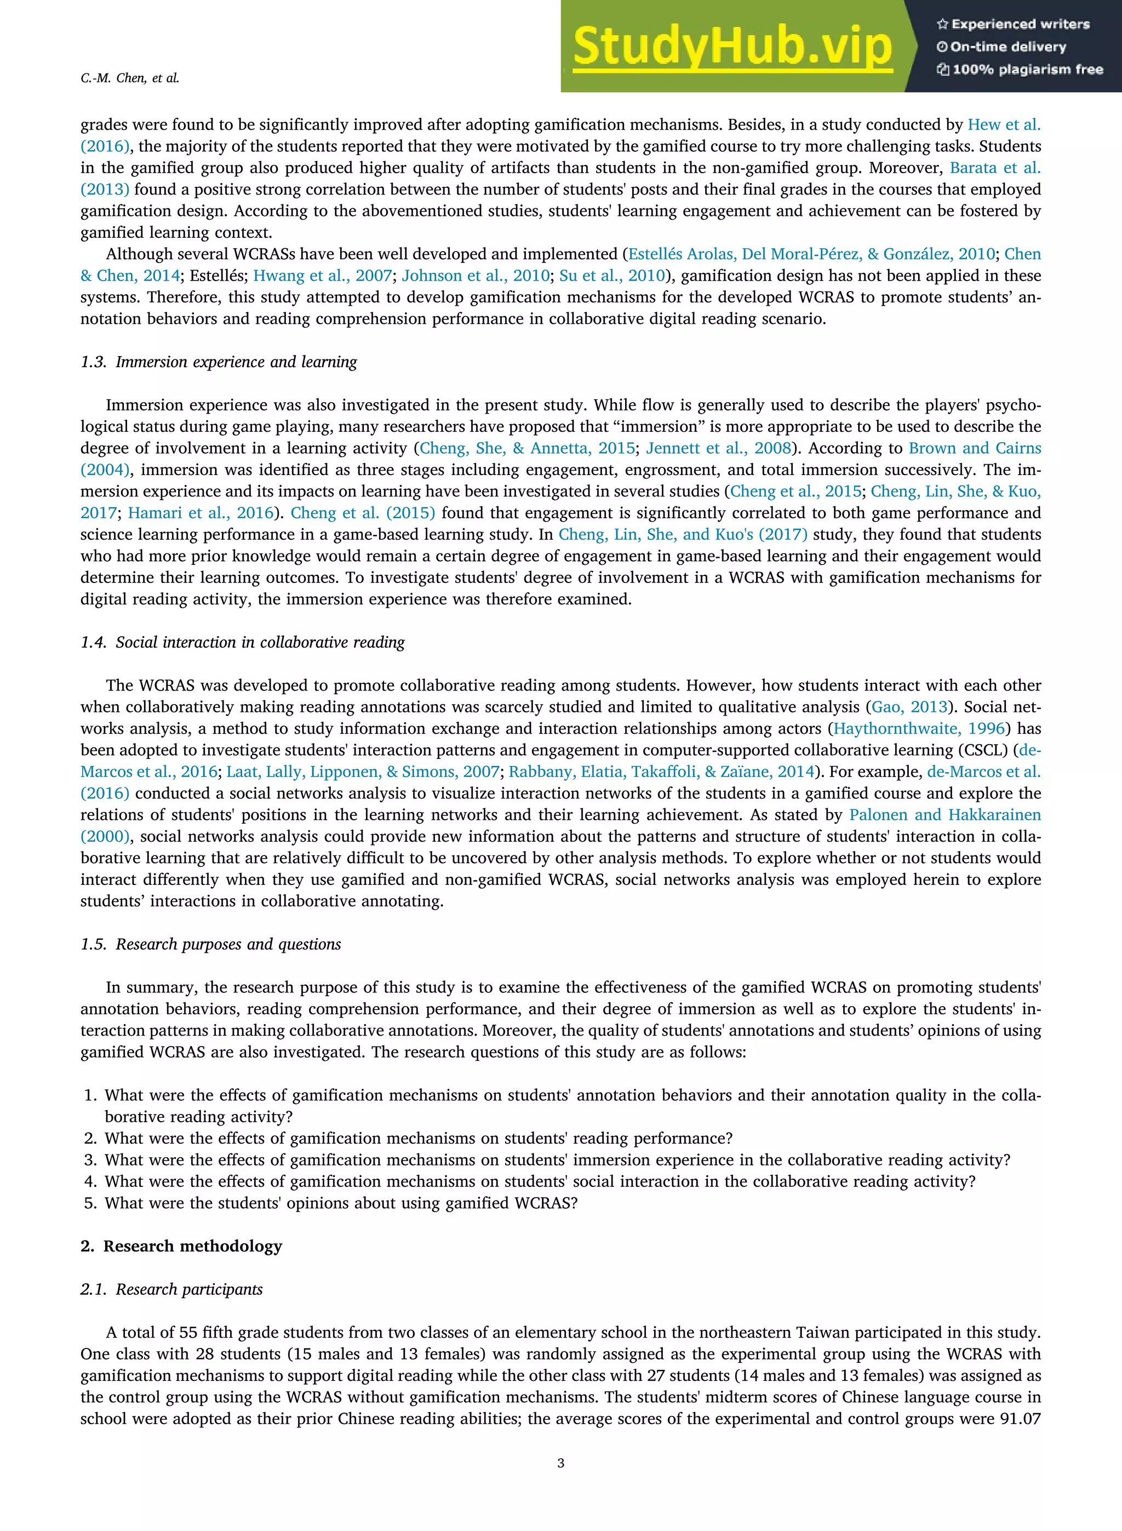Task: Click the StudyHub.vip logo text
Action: tap(732, 46)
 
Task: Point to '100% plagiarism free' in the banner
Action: tap(1020, 69)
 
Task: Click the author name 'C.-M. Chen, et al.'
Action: tap(130, 78)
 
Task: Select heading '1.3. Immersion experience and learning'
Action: tap(219, 362)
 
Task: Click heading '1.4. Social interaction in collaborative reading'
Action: tap(243, 643)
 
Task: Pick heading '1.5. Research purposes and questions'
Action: tap(210, 944)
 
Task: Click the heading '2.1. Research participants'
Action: tap(171, 1289)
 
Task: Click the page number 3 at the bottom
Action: tap(560, 1463)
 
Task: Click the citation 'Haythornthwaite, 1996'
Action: tap(919, 729)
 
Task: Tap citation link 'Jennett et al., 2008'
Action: tap(719, 448)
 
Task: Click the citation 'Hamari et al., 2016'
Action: tap(201, 513)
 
